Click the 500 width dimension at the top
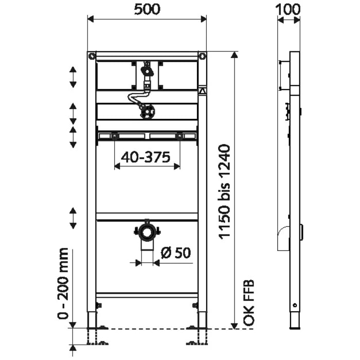(x=147, y=9)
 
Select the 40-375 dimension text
(x=147, y=158)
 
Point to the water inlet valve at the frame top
(x=147, y=69)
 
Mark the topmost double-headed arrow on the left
(x=73, y=77)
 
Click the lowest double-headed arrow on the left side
(x=73, y=218)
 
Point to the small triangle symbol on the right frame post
(x=203, y=91)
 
